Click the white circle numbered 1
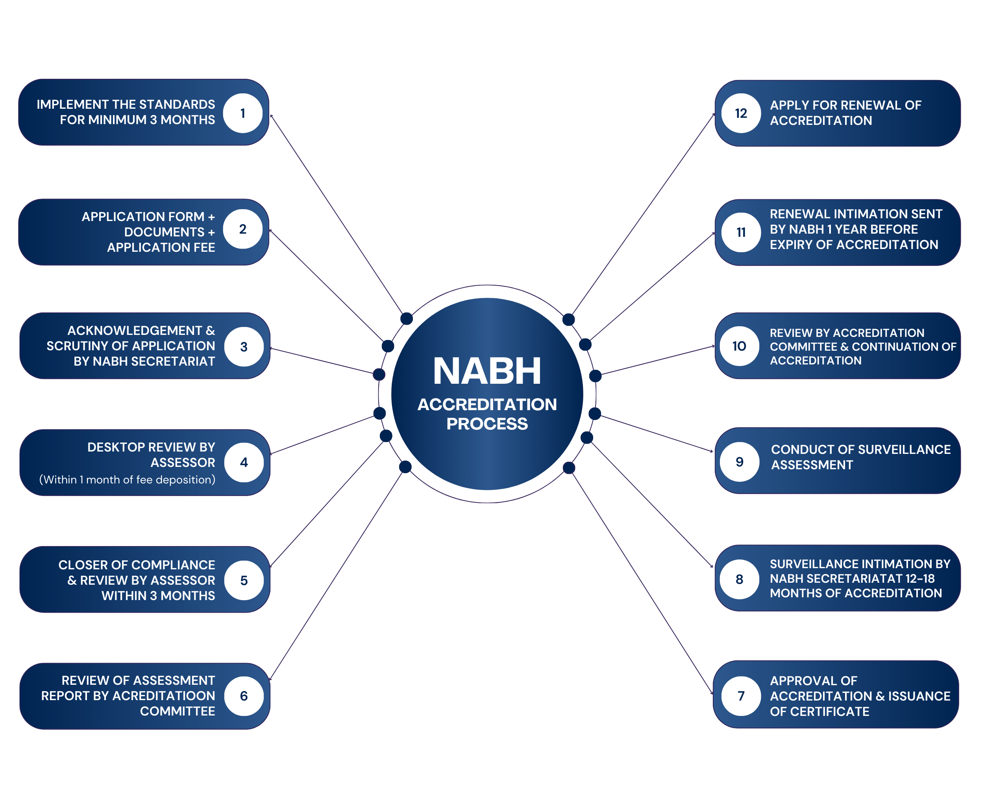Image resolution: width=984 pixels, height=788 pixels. pos(243,113)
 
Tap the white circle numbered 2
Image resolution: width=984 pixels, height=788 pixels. pos(243,229)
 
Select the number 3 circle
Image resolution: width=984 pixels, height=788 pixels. pos(244,347)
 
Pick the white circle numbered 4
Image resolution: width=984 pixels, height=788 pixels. pos(244,462)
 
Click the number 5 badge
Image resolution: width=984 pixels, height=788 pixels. pos(244,580)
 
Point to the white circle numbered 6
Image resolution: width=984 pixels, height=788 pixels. pos(244,696)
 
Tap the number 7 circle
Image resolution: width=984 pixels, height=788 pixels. pos(741,696)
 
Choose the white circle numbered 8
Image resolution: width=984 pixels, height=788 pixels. pos(739,579)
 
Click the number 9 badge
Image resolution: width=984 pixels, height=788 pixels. pos(739,462)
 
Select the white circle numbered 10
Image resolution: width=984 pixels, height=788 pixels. pos(739,346)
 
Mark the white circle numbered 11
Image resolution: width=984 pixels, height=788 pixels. pos(741,232)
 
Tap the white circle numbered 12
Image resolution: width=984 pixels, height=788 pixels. pos(741,113)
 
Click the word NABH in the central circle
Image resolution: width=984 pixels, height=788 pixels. pos(487,371)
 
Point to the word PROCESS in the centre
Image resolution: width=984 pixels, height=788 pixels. pos(487,424)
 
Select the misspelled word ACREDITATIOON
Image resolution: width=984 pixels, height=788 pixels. pos(163,696)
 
